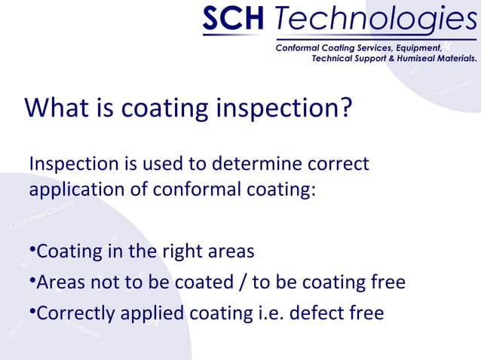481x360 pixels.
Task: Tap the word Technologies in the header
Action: coord(370,21)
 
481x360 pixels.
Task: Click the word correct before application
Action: coord(336,163)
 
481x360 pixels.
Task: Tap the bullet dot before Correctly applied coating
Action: coord(32,311)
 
